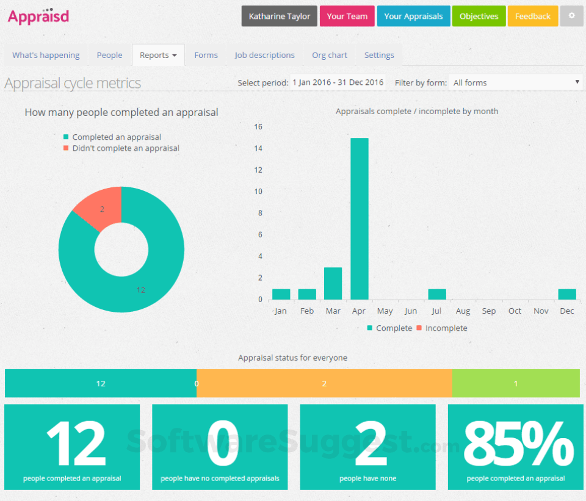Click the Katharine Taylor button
tap(279, 16)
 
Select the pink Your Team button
tap(347, 16)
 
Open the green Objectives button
tap(479, 16)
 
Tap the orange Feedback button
tap(532, 16)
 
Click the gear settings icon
tap(572, 16)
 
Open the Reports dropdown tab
tap(158, 55)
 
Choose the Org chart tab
tap(330, 55)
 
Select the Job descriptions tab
tap(264, 55)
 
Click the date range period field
tap(338, 82)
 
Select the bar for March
tap(333, 283)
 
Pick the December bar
tap(567, 294)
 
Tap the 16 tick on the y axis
tap(258, 127)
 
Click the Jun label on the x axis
tap(411, 311)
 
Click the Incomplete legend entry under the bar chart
tap(442, 328)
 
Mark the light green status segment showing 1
tap(516, 384)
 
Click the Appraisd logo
tap(38, 16)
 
